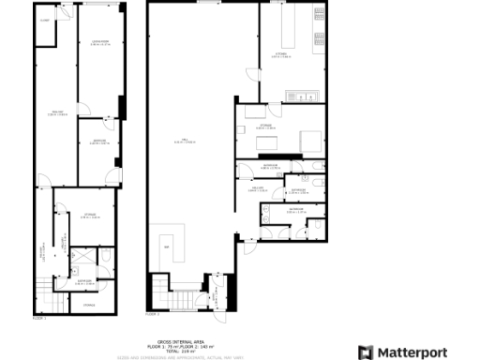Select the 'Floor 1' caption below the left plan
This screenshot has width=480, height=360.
click(x=39, y=318)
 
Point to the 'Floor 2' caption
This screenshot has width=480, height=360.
click(x=153, y=313)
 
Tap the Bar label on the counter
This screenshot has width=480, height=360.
click(x=167, y=247)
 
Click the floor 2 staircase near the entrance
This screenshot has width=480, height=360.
click(x=186, y=301)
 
